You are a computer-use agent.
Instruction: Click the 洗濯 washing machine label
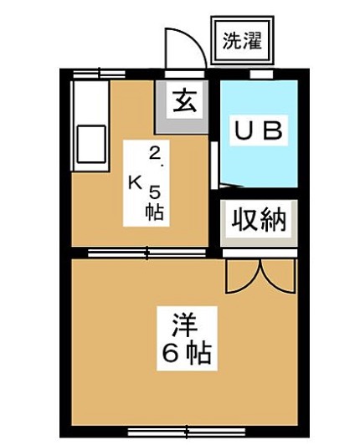pos(241,41)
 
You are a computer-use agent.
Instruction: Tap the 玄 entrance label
pos(185,100)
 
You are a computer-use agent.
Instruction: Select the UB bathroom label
pos(259,130)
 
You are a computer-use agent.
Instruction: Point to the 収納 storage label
pos(259,219)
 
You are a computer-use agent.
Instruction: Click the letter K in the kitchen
pos(136,182)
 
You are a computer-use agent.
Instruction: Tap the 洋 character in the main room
pos(184,325)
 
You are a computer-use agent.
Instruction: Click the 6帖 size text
pos(187,353)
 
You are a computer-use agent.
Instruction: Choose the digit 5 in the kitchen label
pos(155,193)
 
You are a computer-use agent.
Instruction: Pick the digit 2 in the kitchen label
pos(155,154)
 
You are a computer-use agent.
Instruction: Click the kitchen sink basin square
pos(91,144)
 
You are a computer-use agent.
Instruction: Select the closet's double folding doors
pos(260,276)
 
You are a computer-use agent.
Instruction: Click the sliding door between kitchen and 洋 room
pos(147,253)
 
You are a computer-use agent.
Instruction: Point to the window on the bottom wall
pos(187,432)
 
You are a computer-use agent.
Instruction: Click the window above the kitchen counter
pos(99,74)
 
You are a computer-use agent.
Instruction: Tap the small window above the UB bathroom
pos(261,74)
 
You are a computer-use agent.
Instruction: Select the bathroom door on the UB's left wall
pos(215,165)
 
